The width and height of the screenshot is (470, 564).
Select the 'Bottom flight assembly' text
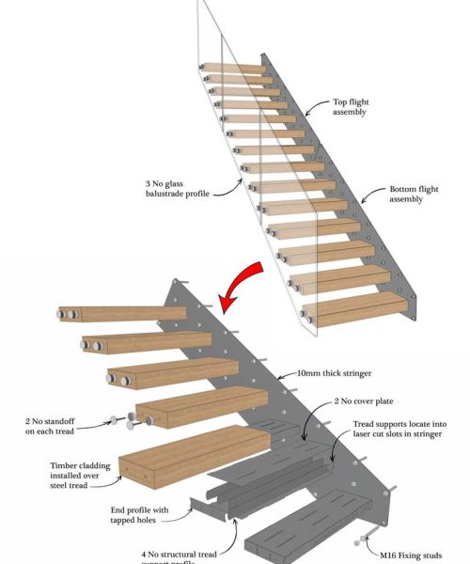point(413,194)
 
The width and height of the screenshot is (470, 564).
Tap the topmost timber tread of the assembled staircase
point(235,69)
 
